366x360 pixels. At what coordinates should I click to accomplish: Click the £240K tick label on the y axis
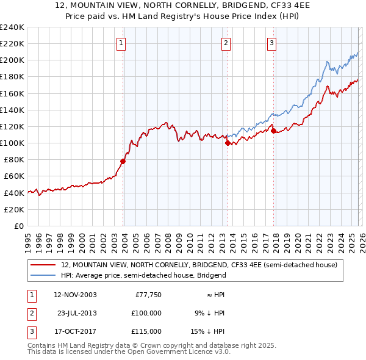(x=12, y=27)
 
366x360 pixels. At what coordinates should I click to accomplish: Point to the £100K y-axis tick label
(x=12, y=143)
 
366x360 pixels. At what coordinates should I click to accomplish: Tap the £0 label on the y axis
(x=18, y=226)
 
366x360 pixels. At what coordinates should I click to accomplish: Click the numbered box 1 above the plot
(x=121, y=43)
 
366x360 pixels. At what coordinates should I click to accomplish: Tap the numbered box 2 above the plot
(x=226, y=43)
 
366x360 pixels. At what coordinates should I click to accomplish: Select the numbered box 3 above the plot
(x=271, y=43)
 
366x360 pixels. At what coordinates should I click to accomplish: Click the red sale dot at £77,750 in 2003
(x=123, y=162)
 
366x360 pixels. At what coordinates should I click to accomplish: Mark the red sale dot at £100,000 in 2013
(x=228, y=143)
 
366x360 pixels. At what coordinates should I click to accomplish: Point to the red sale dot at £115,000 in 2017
(x=273, y=131)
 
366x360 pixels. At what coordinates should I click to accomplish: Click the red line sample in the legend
(x=43, y=265)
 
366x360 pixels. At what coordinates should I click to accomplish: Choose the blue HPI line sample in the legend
(x=43, y=275)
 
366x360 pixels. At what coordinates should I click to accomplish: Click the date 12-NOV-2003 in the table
(x=75, y=295)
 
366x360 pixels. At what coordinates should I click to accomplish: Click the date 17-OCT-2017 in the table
(x=75, y=331)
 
